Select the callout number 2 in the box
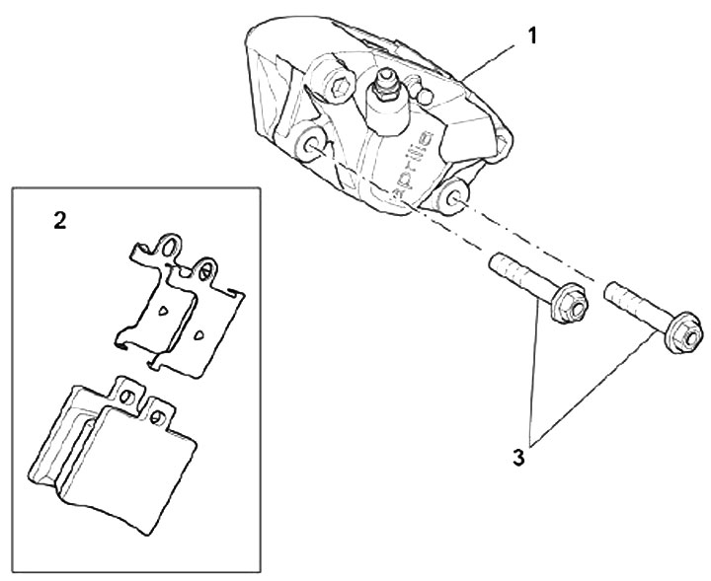[60, 221]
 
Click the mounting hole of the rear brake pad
[127, 397]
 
